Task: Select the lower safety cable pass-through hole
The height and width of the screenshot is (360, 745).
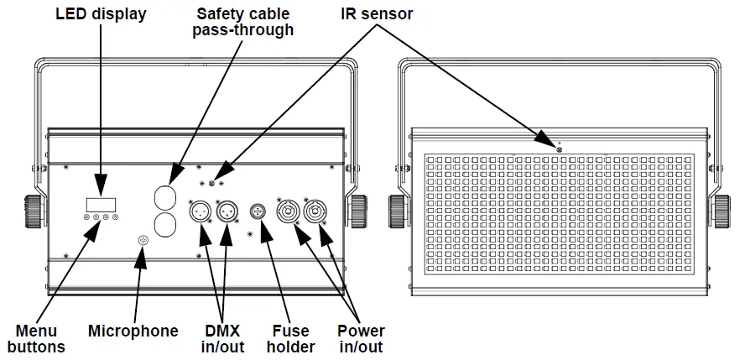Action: pyautogui.click(x=168, y=226)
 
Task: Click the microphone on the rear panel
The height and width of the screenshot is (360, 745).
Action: pyautogui.click(x=143, y=241)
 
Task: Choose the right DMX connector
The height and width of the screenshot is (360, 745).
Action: pyautogui.click(x=227, y=211)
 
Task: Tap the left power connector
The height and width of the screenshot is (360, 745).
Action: pyautogui.click(x=289, y=211)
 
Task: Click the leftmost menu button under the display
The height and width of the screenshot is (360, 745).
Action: pyautogui.click(x=86, y=218)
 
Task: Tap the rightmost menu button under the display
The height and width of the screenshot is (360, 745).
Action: pyautogui.click(x=115, y=218)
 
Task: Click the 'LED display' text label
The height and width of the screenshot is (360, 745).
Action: pyautogui.click(x=101, y=14)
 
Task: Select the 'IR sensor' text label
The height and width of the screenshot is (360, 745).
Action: pyautogui.click(x=377, y=14)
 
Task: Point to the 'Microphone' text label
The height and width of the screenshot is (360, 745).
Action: pyautogui.click(x=133, y=331)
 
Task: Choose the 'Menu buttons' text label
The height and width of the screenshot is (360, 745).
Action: pyautogui.click(x=36, y=338)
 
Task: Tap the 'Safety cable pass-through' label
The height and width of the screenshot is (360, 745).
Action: pyautogui.click(x=243, y=22)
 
